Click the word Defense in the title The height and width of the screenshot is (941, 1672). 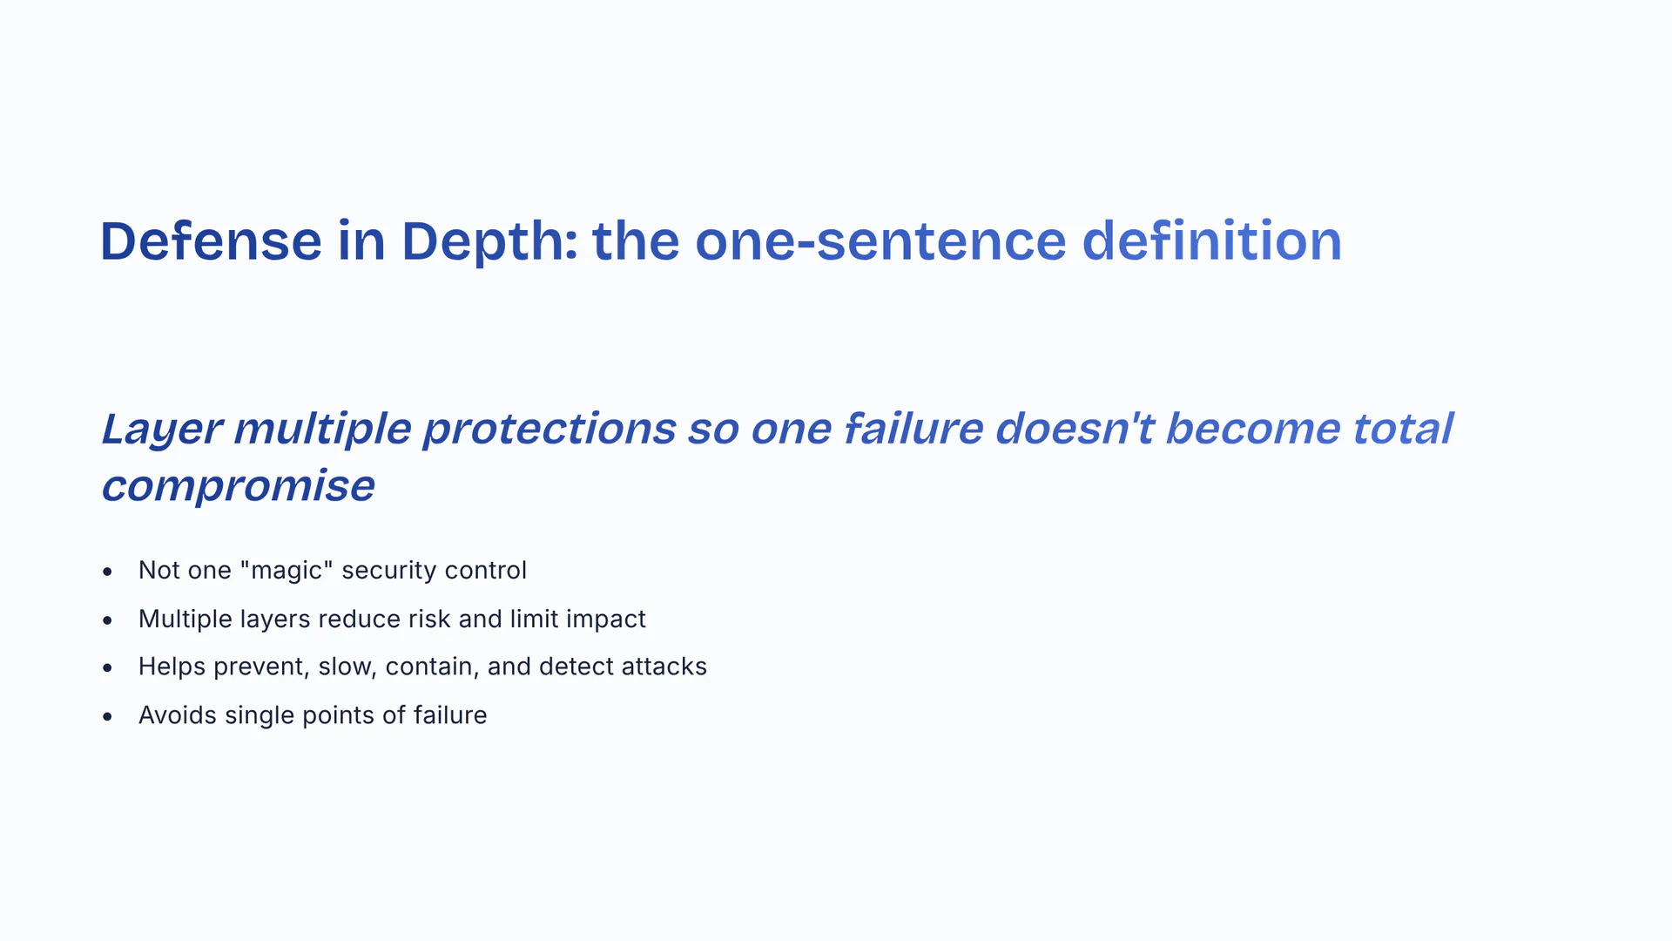click(x=211, y=240)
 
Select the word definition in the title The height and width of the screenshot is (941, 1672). click(x=1211, y=240)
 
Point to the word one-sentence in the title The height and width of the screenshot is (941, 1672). click(x=880, y=241)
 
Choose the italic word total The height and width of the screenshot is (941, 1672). click(x=1402, y=429)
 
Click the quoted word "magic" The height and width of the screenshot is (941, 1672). click(x=286, y=571)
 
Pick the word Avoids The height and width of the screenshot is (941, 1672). click(x=178, y=715)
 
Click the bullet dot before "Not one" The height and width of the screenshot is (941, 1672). click(x=107, y=572)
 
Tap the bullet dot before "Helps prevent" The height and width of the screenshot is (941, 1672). click(x=107, y=668)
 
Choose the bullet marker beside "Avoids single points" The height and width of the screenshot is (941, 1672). click(x=107, y=717)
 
